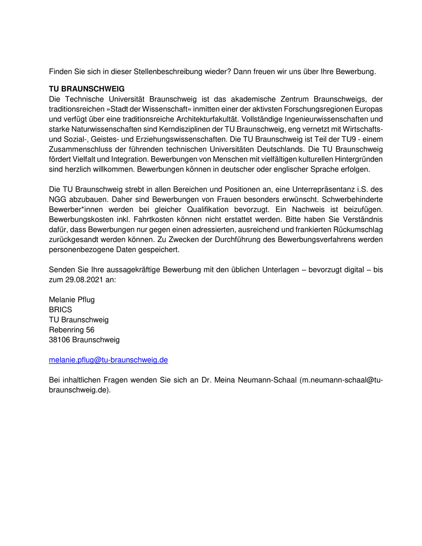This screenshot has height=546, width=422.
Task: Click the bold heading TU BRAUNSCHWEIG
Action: [86, 88]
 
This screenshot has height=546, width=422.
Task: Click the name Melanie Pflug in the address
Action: [71, 299]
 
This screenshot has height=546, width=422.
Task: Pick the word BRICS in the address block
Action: [60, 309]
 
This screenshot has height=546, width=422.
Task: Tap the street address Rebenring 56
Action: [71, 329]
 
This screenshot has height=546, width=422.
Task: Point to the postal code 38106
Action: [59, 339]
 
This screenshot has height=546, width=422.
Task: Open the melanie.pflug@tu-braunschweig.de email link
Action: [108, 360]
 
